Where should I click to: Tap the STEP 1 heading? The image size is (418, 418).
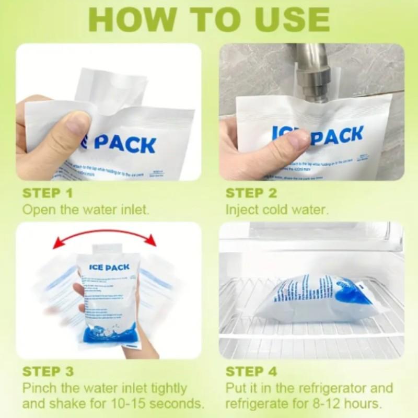pos(47,193)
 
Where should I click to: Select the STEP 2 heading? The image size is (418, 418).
pos(251,193)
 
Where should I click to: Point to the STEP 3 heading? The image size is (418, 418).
pos(47,371)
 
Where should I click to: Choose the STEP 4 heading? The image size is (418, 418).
pos(251,371)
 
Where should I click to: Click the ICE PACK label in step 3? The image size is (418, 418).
pos(109,267)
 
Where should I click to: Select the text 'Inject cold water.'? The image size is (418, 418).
pos(276,210)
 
